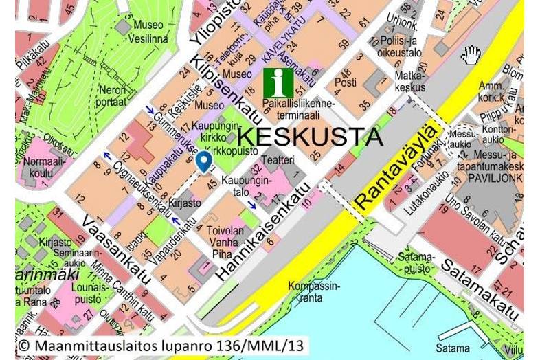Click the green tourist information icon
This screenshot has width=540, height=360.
click(x=278, y=83)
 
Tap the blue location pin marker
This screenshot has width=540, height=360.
click(x=203, y=161)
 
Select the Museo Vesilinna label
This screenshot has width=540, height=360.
click(x=148, y=32)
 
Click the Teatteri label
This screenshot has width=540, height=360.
click(x=278, y=160)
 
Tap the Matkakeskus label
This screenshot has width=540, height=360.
click(x=410, y=81)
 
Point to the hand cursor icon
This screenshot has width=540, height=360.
click(x=471, y=55)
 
